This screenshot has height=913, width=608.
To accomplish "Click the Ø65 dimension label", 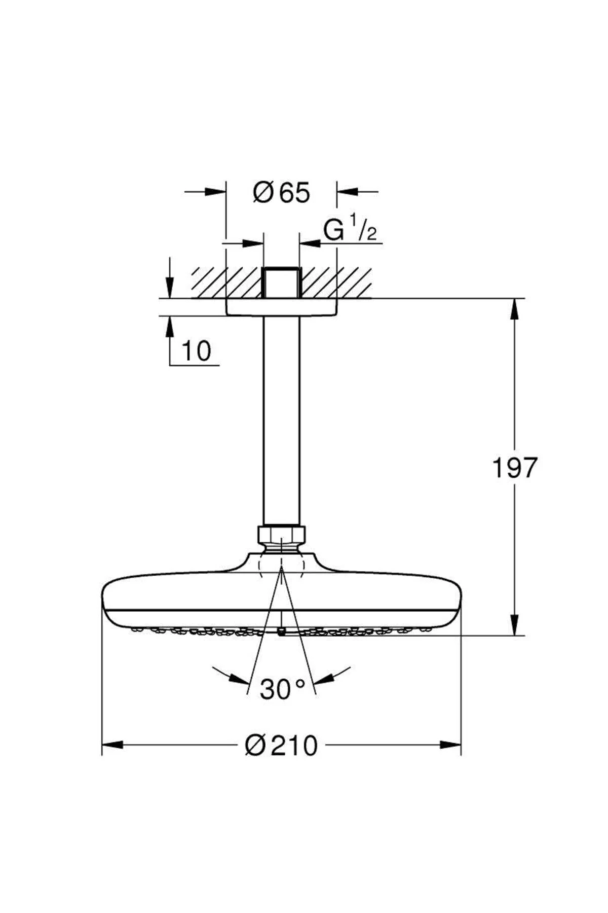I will pos(281,193).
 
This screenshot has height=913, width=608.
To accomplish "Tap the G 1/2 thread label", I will pos(350,231).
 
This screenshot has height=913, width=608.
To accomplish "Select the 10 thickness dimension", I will pos(196,351).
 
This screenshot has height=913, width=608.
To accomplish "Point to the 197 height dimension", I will pos(514,468).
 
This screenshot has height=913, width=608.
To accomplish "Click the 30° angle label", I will pos(282,689).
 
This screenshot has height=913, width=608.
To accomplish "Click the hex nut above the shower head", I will pos(281,534).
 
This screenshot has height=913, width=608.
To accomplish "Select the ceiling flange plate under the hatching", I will pos(281,308).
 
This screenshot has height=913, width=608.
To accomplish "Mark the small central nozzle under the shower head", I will pos(281,631).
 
